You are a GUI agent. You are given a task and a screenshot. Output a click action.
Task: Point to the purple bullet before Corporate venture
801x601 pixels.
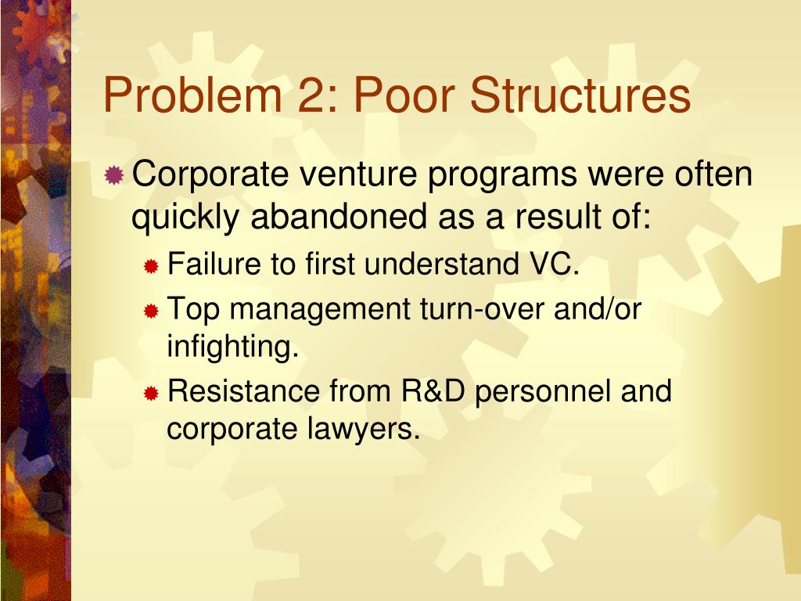114,175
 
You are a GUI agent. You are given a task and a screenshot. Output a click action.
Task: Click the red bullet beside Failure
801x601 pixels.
152,267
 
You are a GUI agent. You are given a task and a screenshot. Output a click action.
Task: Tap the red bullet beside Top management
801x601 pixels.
152,311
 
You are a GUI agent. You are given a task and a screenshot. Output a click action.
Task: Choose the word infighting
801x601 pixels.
233,347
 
